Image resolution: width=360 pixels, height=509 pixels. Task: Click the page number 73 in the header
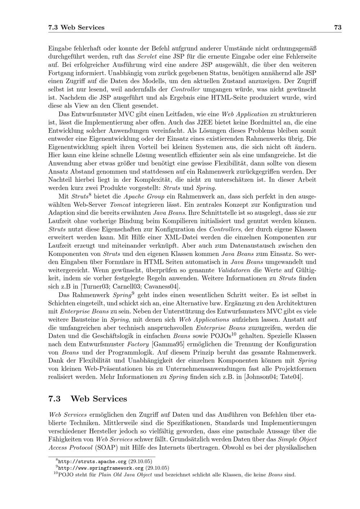pyautogui.click(x=338, y=27)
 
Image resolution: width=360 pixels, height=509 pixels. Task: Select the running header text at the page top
pyautogui.click(x=76, y=27)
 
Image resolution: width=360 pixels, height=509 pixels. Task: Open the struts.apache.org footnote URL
pyautogui.click(x=92, y=461)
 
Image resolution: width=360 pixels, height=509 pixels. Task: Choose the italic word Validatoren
pyautogui.click(x=234, y=270)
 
